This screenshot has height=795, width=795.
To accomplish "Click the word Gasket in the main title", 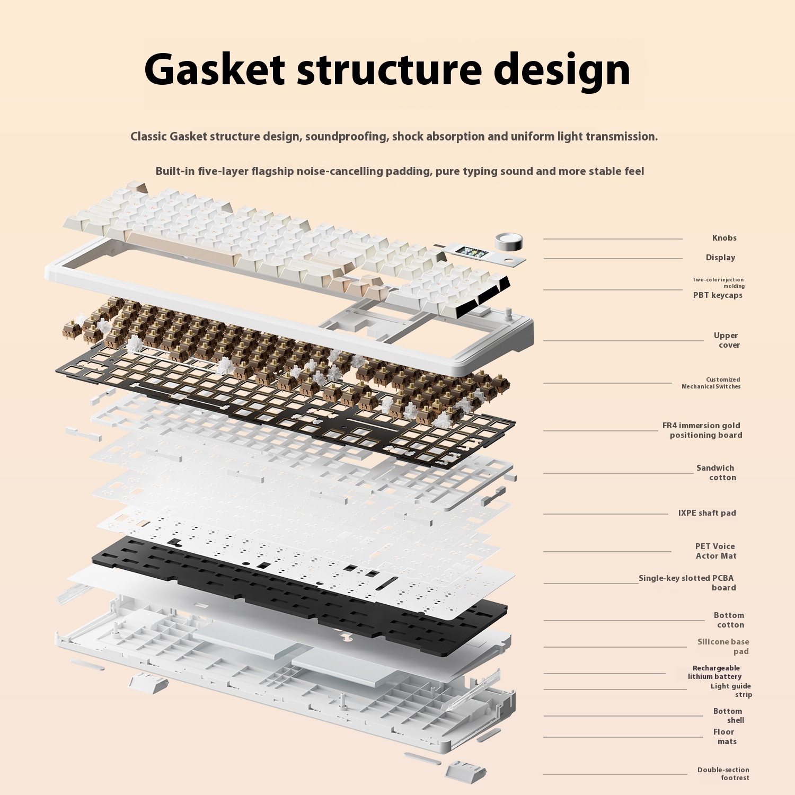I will click(x=215, y=69).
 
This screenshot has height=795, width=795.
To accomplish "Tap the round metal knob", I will click(x=509, y=241).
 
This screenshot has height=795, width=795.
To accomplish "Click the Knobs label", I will click(x=724, y=238).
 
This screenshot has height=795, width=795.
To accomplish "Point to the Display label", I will click(x=720, y=258).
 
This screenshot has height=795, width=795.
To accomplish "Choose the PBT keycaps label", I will click(x=718, y=295).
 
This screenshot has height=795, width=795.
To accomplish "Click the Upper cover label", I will click(x=726, y=340).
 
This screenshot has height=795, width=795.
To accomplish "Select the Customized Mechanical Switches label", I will click(x=711, y=383).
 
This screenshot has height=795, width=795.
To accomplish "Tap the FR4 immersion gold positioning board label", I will click(x=702, y=430).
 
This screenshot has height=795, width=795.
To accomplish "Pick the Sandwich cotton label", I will click(x=716, y=473).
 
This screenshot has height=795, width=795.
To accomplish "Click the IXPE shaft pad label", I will click(x=707, y=513).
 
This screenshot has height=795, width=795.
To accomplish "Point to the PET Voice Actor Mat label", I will click(x=715, y=551).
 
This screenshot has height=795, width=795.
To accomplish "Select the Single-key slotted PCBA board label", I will click(x=687, y=583).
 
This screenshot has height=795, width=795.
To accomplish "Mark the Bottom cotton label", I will click(x=729, y=620).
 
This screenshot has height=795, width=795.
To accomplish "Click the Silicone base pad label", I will click(x=723, y=647).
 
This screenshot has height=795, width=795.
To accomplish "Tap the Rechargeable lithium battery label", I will click(x=715, y=672).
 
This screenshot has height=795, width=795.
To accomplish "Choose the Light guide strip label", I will click(x=731, y=690).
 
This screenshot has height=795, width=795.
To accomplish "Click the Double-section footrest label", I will click(x=723, y=774).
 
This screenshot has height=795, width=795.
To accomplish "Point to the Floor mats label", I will click(x=725, y=737).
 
